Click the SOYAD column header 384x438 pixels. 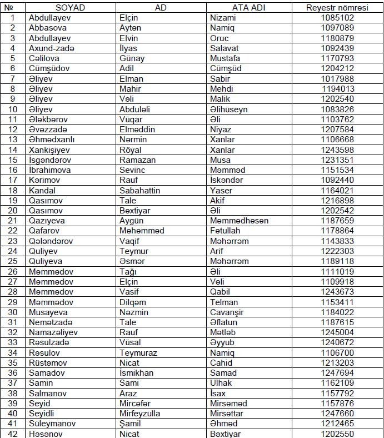coord(69,7)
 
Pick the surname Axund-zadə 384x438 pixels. coord(51,48)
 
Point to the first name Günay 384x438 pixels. coord(132,58)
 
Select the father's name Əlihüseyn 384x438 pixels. coord(229,109)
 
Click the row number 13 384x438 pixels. coord(13,140)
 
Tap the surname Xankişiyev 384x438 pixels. coord(54,150)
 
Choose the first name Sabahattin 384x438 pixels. coord(140,191)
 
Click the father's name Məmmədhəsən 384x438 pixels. coord(240,221)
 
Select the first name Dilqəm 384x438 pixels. coord(133,302)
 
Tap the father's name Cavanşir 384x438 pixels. coord(227,312)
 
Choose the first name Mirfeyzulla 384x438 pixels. coord(140,414)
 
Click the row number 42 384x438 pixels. coord(13,434)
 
